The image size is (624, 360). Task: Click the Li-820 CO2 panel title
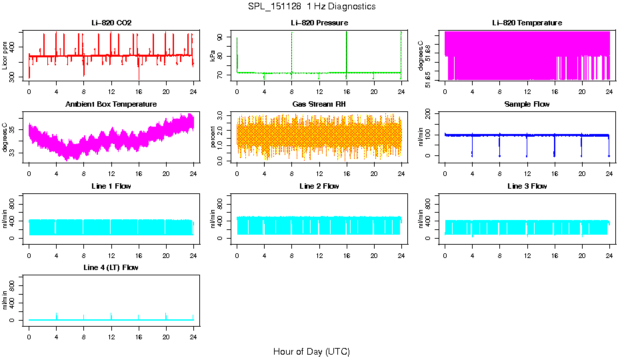click(111, 23)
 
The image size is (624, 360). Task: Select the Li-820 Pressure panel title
click(319, 23)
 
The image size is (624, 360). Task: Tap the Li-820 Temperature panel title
click(527, 23)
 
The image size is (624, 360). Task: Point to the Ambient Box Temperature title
click(111, 104)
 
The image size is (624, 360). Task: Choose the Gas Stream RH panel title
click(319, 104)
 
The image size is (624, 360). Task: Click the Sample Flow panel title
click(527, 104)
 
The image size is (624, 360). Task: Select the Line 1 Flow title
click(111, 186)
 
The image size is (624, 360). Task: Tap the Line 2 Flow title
click(319, 186)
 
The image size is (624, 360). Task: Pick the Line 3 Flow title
click(527, 186)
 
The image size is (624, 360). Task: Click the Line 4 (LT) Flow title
click(111, 267)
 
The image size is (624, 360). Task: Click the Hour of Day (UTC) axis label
click(311, 351)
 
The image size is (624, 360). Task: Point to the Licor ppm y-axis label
click(5, 55)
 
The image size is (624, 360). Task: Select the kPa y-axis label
click(213, 56)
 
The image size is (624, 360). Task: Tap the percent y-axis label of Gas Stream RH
click(213, 137)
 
